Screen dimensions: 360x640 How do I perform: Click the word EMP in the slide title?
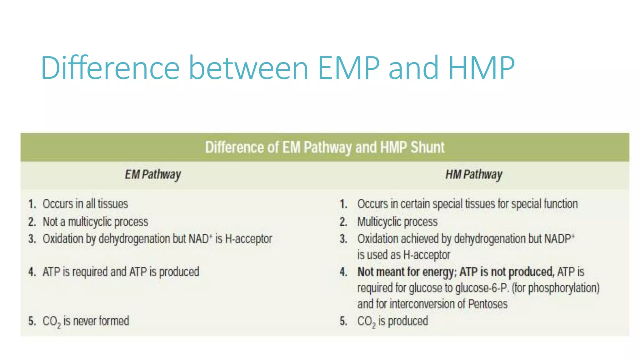349,68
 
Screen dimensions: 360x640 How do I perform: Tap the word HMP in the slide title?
481,68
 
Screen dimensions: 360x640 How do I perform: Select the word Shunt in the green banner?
427,147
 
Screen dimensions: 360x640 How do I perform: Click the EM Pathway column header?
153,174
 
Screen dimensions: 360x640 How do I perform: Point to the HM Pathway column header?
474,174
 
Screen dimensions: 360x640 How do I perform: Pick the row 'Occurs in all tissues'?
85,204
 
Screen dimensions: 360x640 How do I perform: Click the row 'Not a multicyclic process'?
95,222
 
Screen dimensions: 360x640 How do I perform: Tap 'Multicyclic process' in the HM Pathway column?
397,222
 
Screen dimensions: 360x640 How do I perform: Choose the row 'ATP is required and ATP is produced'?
121,272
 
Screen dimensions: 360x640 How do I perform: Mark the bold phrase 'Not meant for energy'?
405,272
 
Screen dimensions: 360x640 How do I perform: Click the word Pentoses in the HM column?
487,304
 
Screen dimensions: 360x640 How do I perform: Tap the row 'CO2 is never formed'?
86,321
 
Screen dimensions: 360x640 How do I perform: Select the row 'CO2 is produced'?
392,321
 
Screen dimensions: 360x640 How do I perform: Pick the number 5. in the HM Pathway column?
343,321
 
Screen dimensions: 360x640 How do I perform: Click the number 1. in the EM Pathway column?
32,204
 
